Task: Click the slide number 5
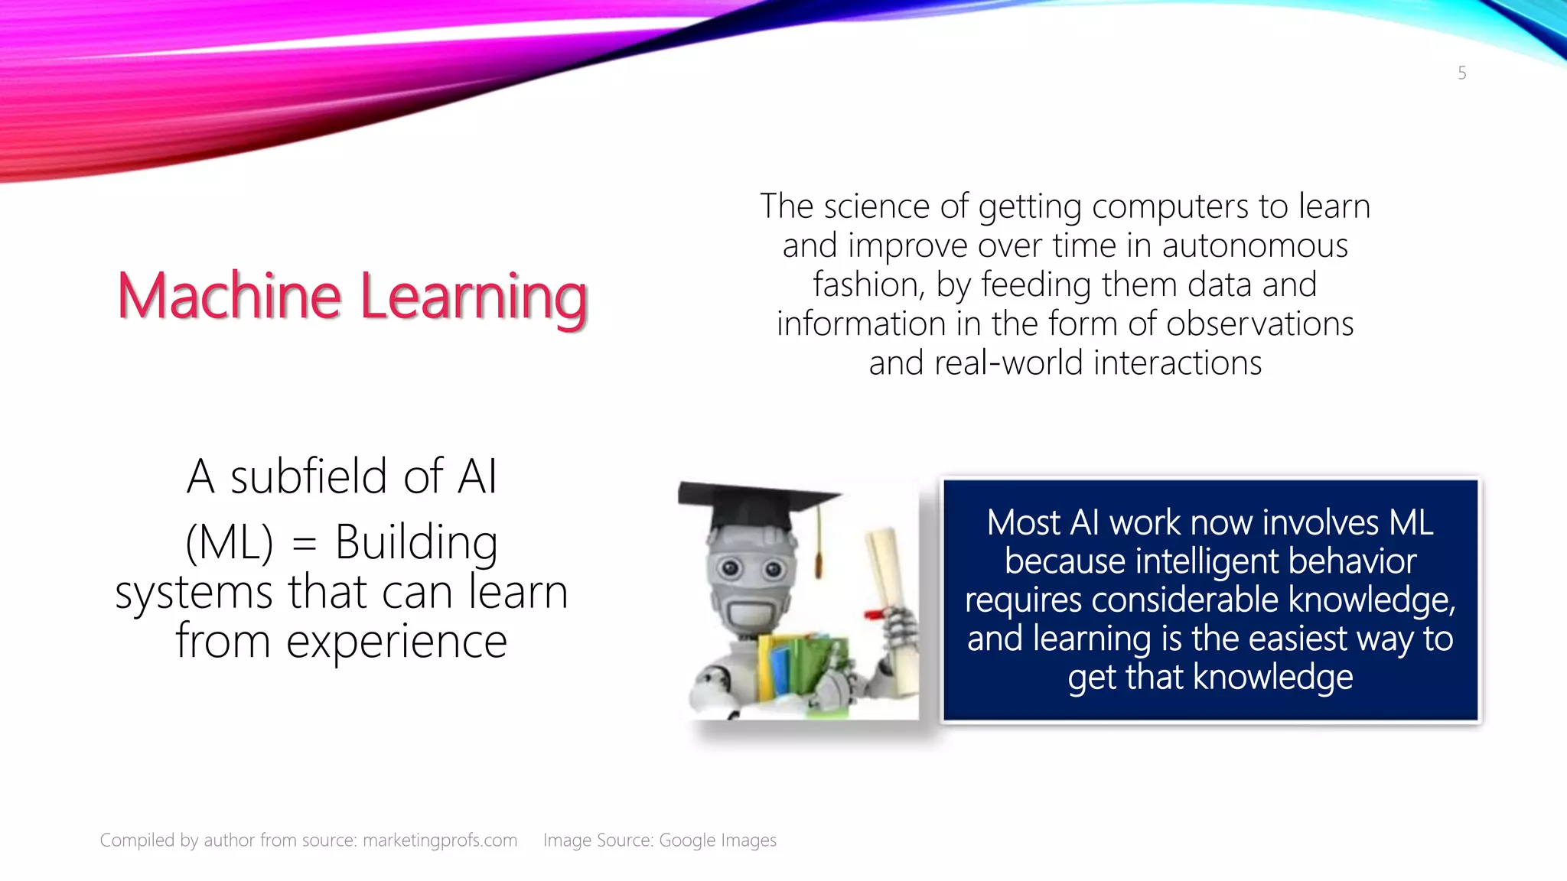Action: pos(1461,73)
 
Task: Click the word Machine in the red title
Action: pos(229,297)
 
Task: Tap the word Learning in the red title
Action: pos(474,298)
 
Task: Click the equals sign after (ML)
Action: pos(304,544)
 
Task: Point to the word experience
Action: pos(396,642)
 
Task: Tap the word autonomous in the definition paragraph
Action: pos(1255,246)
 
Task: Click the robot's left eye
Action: pos(730,567)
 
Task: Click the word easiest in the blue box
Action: pos(1298,639)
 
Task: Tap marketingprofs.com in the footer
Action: pos(440,840)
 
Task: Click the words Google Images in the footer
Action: pos(717,840)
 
